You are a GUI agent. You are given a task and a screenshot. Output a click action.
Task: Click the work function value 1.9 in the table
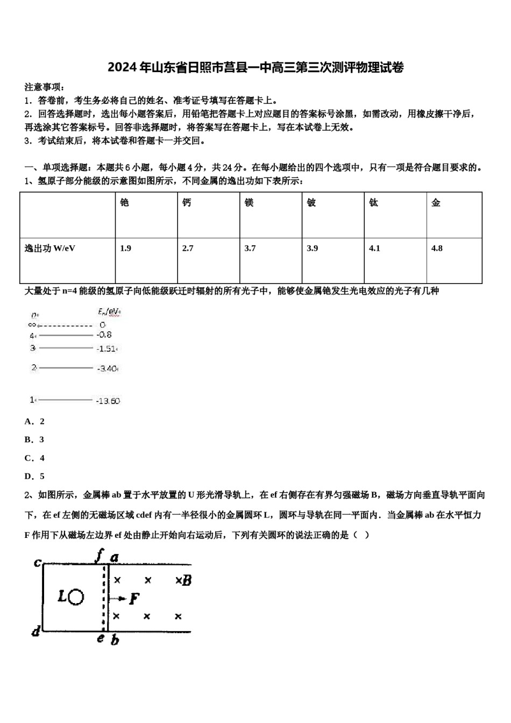tap(125, 248)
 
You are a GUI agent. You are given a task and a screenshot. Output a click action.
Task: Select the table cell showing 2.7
tap(188, 248)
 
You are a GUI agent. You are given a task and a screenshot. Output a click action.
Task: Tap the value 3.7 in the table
tap(250, 248)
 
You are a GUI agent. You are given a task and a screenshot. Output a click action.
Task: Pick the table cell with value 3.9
tap(313, 248)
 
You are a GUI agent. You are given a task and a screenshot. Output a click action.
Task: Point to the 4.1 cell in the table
tap(374, 248)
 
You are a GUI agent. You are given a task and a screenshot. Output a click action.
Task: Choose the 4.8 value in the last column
tap(437, 248)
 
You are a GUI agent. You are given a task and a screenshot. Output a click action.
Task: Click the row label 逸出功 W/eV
tap(50, 248)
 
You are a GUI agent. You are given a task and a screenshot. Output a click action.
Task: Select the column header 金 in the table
tap(436, 202)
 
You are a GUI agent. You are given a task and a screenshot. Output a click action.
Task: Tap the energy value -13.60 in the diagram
tap(108, 401)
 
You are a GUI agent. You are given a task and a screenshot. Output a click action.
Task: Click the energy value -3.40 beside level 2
tap(108, 369)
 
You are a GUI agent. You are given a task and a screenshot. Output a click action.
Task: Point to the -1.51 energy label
tap(107, 349)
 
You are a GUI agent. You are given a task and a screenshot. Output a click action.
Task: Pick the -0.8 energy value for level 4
tap(104, 335)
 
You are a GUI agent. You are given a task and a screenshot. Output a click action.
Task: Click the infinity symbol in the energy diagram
tap(32, 325)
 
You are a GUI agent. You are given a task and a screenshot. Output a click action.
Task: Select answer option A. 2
tap(34, 421)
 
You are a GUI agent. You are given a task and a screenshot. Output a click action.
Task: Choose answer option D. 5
tap(34, 476)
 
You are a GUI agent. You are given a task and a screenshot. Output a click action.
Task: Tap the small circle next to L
tap(77, 597)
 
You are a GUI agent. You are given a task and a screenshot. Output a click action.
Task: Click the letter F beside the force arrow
tap(134, 598)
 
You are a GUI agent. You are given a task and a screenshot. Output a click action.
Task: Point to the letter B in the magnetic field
tap(187, 580)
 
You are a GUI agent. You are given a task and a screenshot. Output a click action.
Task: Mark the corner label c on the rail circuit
tap(37, 563)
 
